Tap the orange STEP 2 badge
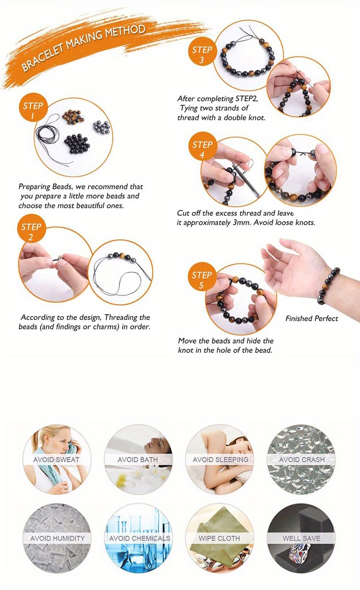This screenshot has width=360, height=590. click(31, 228)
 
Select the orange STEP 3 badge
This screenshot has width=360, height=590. click(202, 51)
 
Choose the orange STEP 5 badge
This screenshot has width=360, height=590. click(202, 276)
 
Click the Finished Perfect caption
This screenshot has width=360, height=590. click(312, 319)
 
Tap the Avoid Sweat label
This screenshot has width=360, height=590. click(56, 460)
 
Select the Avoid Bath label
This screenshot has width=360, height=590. click(138, 460)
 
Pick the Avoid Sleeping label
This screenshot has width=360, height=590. click(220, 460)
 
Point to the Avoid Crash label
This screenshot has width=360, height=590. click(302, 460)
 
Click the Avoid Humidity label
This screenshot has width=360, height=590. click(57, 539)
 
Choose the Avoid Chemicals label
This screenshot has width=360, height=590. click(140, 539)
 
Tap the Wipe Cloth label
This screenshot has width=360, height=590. click(219, 539)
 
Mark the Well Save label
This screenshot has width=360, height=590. click(302, 539)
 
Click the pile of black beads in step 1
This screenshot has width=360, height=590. click(77, 143)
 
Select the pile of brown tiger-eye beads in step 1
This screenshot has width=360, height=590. click(73, 117)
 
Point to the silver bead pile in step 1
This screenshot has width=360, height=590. click(101, 127)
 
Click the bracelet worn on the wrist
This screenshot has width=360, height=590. click(328, 286)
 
